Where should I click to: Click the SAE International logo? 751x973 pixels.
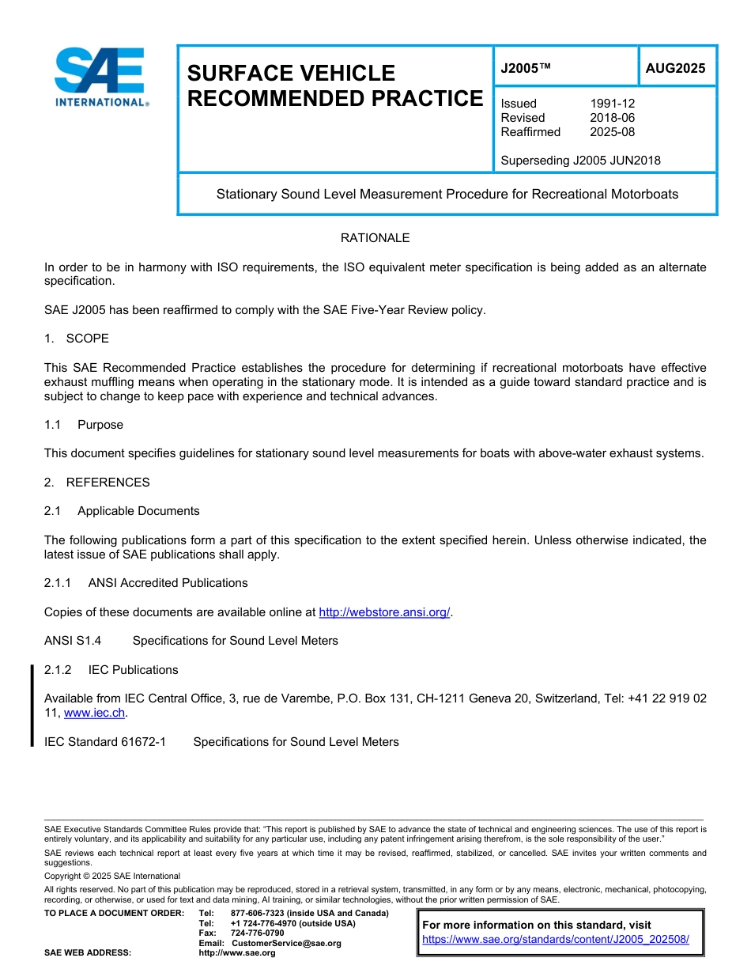[x=100, y=77]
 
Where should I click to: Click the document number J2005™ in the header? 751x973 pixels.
[x=525, y=69]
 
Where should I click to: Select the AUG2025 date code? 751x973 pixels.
[x=675, y=69]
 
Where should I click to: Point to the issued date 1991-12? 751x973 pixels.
[x=612, y=104]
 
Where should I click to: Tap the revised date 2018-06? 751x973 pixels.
[x=612, y=118]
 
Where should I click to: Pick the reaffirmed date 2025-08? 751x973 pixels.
[x=612, y=132]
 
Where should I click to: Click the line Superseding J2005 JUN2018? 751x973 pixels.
[x=580, y=161]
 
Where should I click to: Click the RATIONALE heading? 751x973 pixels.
[x=375, y=238]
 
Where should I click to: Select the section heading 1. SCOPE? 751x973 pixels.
[x=77, y=339]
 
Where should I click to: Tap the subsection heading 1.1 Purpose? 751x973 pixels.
[x=84, y=425]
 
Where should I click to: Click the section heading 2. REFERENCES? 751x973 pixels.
[x=96, y=483]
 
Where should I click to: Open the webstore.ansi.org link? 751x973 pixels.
[x=384, y=612]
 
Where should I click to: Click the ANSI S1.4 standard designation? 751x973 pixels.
[x=73, y=641]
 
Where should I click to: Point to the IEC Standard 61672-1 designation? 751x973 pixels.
[x=105, y=742]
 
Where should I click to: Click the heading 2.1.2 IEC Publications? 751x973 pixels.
[x=111, y=670]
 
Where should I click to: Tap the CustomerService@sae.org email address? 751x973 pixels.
[x=285, y=943]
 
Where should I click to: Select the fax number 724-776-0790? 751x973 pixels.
[x=257, y=933]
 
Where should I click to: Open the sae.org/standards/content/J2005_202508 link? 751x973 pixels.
[x=556, y=940]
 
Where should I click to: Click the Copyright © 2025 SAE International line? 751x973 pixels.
[x=112, y=876]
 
